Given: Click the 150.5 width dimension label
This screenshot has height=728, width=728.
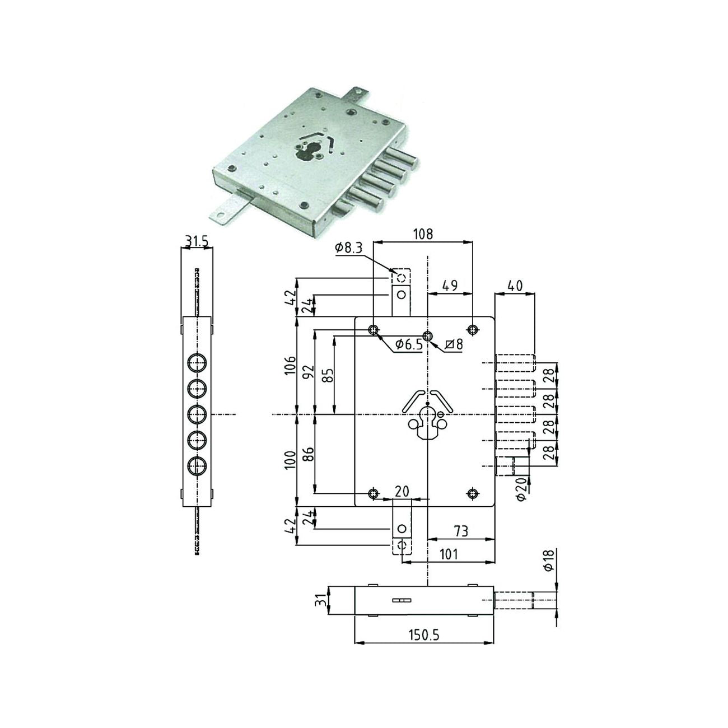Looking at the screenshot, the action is [423, 635].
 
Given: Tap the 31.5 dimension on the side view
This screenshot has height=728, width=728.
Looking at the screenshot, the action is [196, 241].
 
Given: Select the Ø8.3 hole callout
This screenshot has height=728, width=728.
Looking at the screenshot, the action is [348, 248].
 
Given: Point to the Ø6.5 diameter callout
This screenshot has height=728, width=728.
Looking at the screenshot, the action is [408, 344].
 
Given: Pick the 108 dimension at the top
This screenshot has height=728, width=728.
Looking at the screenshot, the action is [423, 234].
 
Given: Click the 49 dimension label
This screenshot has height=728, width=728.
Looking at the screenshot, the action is [450, 285].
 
